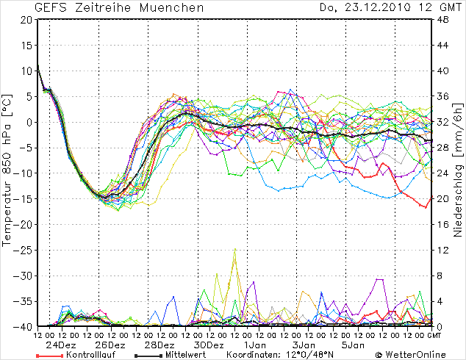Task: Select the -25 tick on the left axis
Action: pyautogui.click(x=24, y=250)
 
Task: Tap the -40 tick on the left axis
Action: pyautogui.click(x=24, y=326)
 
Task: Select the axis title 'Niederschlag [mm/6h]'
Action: pyautogui.click(x=457, y=173)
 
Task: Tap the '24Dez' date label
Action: pyautogui.click(x=62, y=345)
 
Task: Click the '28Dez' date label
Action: pyautogui.click(x=159, y=345)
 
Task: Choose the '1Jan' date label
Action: pyautogui.click(x=256, y=345)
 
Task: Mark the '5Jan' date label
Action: pyautogui.click(x=353, y=345)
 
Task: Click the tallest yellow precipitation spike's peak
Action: pyautogui.click(x=235, y=249)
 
